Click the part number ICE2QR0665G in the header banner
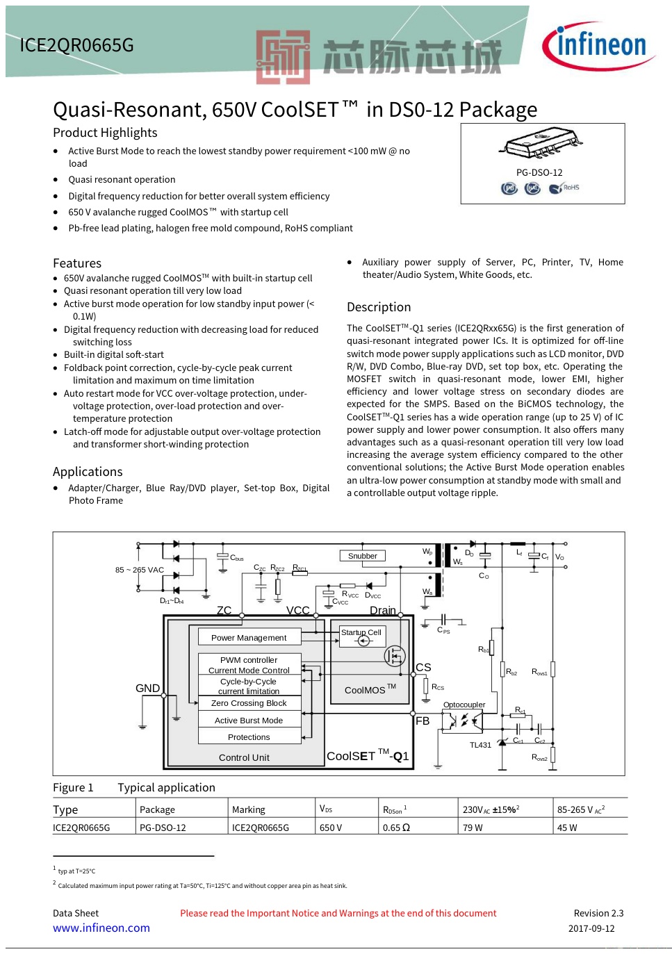click(x=76, y=45)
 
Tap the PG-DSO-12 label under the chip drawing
click(x=539, y=172)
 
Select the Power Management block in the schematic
click(x=249, y=637)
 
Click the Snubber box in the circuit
click(x=363, y=556)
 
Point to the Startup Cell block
click(x=361, y=633)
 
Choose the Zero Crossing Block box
click(x=249, y=703)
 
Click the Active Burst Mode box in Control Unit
click(x=249, y=721)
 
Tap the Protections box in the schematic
click(x=249, y=737)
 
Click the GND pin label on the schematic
click(x=147, y=688)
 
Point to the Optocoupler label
click(x=464, y=705)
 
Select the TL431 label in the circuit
click(x=480, y=745)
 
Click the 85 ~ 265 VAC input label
click(x=140, y=570)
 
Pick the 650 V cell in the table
click(x=331, y=828)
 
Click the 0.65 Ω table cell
click(x=397, y=828)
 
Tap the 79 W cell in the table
click(x=473, y=828)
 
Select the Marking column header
click(x=249, y=809)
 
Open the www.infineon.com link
click(x=101, y=928)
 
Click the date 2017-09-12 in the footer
click(x=591, y=928)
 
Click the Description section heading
click(x=379, y=307)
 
